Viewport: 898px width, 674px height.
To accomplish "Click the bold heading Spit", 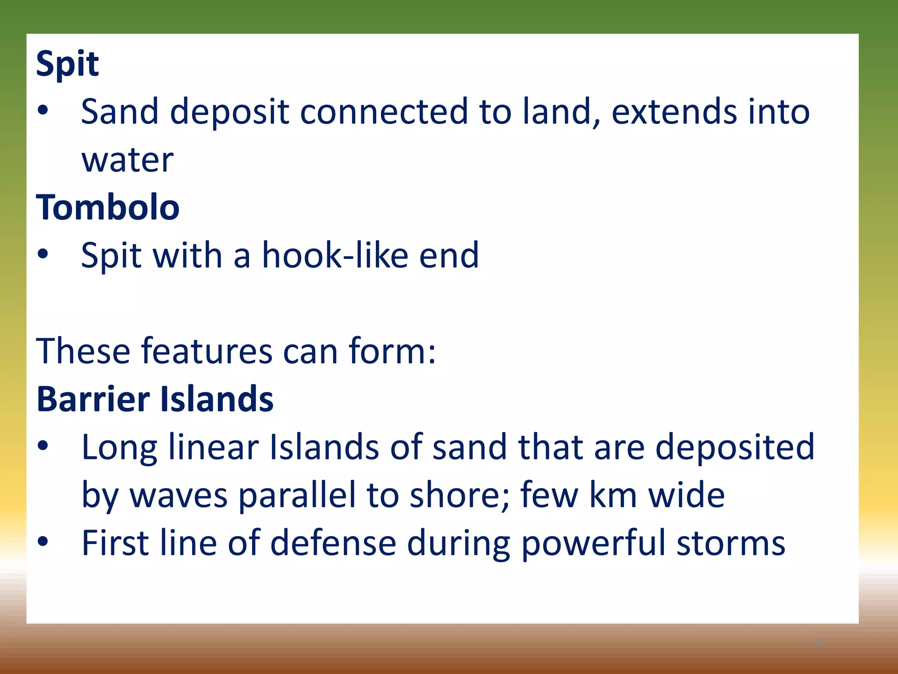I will coord(68,64).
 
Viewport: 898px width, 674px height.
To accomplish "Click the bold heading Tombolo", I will coord(108,207).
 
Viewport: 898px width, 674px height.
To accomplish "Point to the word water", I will coord(128,160).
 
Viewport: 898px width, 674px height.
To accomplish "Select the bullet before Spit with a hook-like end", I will coord(43,254).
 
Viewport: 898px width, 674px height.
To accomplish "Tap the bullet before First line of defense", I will coord(43,541).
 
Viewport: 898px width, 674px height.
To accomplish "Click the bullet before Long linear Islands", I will coord(43,446).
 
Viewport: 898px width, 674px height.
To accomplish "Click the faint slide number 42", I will coord(819,643).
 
